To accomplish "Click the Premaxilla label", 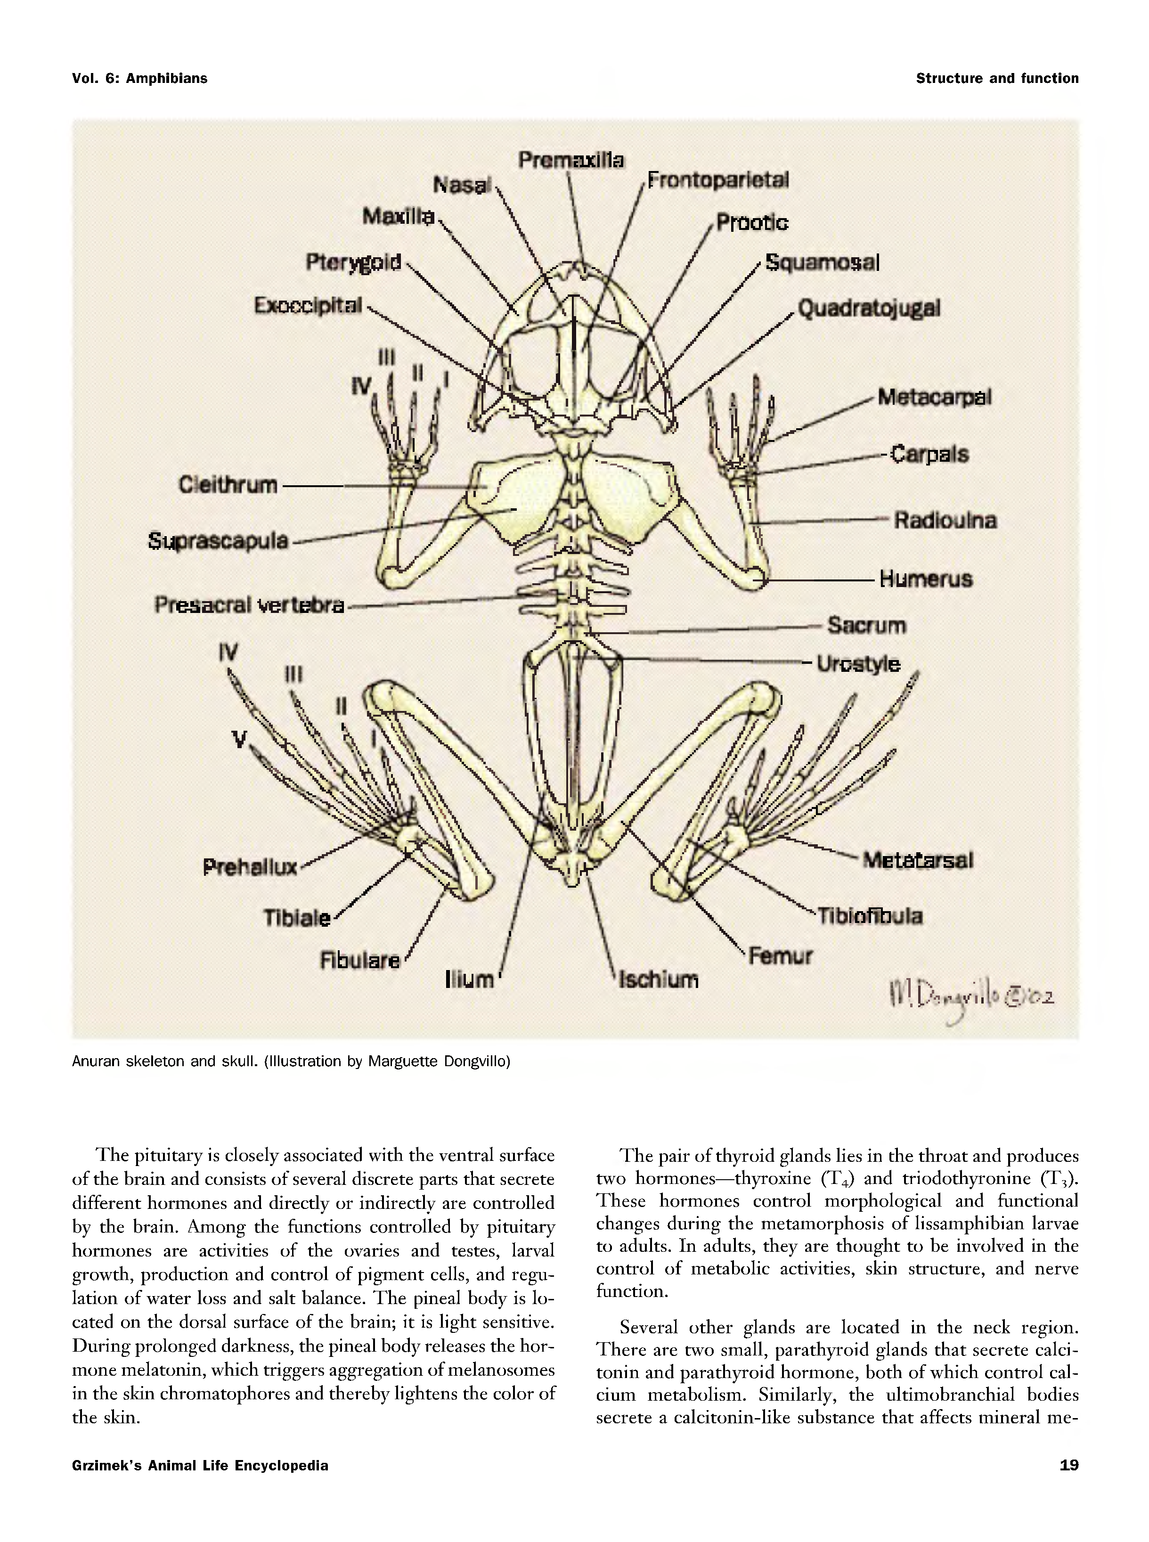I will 571,161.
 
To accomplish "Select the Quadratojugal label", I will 869,308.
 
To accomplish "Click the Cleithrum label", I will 228,484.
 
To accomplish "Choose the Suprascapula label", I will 218,540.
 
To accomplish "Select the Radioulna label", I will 945,520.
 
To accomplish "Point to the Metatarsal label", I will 917,860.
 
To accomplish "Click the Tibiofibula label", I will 869,916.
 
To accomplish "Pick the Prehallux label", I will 250,867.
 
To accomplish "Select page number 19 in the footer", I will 1069,1466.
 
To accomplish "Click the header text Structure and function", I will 997,79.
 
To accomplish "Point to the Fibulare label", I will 359,961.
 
